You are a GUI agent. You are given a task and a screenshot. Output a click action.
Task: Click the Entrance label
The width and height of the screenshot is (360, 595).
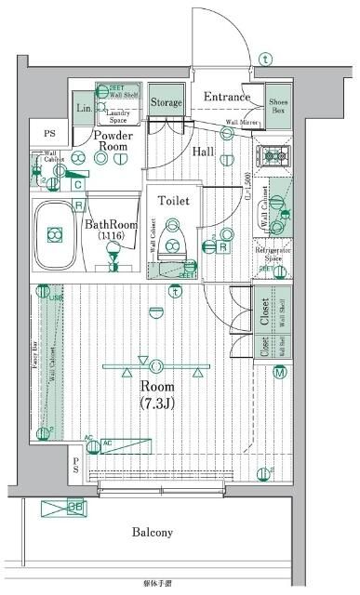coord(226,97)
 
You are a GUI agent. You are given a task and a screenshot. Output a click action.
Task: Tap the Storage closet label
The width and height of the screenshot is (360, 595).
coord(167,101)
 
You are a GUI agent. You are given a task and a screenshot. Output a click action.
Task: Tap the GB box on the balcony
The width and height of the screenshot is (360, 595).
coord(77,508)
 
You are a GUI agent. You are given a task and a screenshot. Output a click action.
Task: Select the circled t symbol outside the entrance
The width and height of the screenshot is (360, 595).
coord(267,59)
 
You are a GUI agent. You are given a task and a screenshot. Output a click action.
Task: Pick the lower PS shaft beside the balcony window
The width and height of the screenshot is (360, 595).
coord(76,466)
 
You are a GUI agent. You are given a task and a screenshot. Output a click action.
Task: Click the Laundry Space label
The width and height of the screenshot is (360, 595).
coord(120,117)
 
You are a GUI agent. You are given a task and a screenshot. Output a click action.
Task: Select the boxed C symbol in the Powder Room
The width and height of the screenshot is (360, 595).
coord(79,184)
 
